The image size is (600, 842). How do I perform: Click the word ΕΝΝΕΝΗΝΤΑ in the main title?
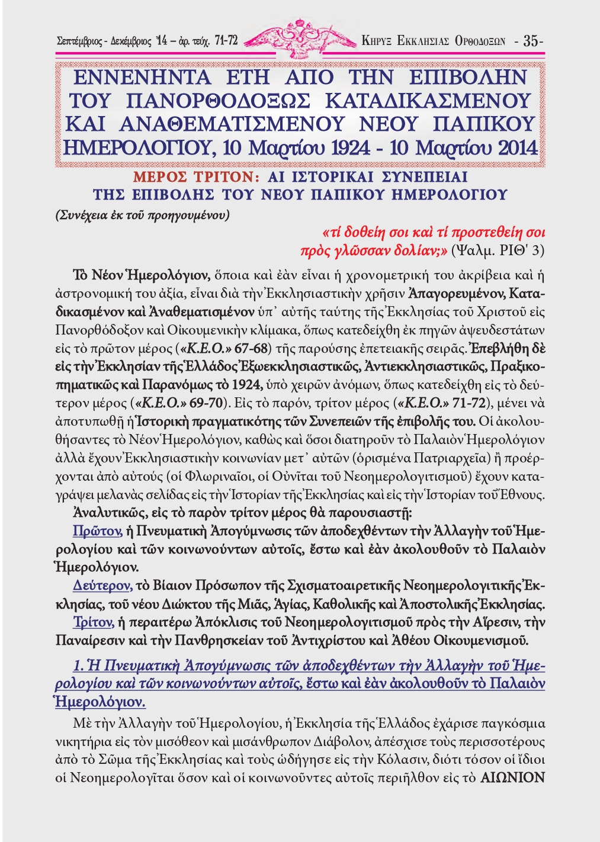point(142,78)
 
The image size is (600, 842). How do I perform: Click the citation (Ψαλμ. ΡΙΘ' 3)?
point(498,250)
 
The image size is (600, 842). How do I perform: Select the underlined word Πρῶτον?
point(97,531)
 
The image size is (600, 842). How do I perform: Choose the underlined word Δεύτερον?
point(102,585)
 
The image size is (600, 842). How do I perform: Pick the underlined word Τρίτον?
point(93,622)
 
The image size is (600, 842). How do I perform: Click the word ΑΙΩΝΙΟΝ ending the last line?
point(512,777)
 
